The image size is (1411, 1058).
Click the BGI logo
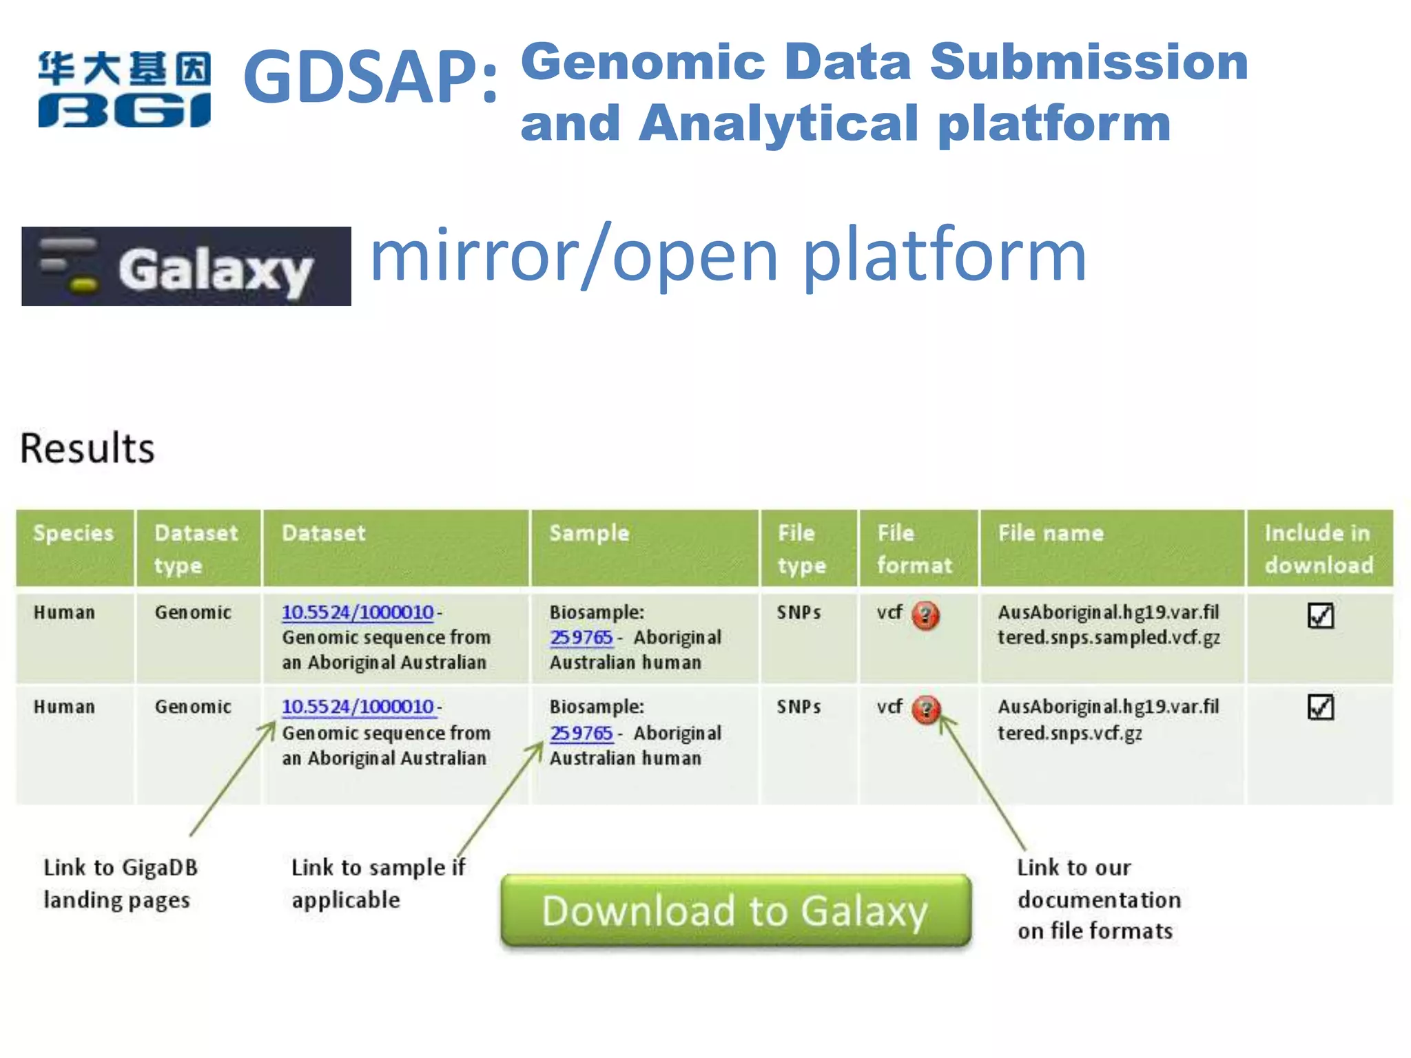124,90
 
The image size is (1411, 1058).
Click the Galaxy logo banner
186,267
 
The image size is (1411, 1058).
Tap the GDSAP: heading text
371,77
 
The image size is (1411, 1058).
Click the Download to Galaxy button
735,911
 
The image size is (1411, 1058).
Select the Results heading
87,448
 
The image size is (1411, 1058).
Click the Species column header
74,533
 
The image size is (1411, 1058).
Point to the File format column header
914,548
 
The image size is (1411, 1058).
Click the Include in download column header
1318,548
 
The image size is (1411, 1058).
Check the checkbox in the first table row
1320,615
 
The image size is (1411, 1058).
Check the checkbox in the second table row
1320,707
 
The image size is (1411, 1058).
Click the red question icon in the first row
925,615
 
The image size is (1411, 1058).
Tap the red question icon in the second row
925,709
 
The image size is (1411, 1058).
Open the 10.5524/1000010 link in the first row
358,612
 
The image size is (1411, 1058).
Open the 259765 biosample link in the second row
581,733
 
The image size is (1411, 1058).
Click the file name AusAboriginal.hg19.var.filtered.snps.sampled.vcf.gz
1108,625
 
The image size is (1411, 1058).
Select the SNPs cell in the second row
799,707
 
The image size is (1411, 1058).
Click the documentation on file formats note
1098,899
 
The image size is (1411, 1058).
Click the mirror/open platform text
728,256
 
